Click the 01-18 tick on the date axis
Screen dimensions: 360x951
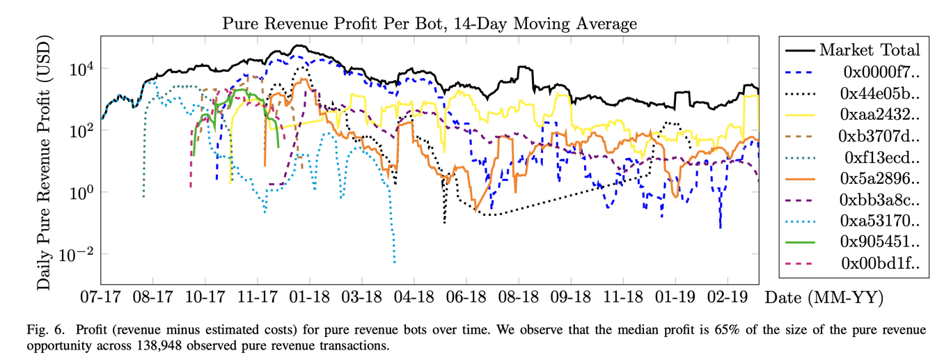pyautogui.click(x=309, y=298)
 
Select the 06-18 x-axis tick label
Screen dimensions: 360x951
pyautogui.click(x=466, y=298)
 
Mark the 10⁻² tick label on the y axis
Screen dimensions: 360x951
pyautogui.click(x=77, y=254)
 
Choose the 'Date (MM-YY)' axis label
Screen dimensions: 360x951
pyautogui.click(x=824, y=298)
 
